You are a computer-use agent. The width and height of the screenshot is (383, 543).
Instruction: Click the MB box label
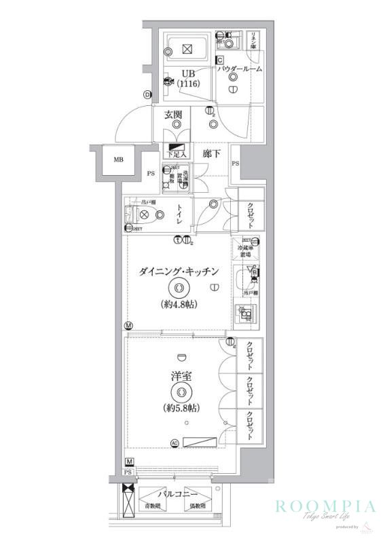coord(117,160)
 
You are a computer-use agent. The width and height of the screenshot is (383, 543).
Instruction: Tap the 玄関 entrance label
coord(172,115)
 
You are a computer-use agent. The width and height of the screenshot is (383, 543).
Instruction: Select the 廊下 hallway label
coord(212,154)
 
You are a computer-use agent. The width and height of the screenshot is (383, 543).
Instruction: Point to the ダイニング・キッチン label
coord(179,271)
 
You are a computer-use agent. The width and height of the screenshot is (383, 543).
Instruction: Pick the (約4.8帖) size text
coord(179,304)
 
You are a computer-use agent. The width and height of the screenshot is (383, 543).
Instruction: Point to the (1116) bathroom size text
coord(187,84)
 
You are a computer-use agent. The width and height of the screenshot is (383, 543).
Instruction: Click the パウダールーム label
coord(240,69)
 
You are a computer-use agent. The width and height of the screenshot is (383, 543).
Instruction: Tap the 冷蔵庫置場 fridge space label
coord(247,251)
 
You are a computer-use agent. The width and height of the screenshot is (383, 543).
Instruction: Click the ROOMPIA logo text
coord(325,506)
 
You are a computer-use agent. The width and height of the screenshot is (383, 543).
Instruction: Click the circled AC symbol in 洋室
coord(175,443)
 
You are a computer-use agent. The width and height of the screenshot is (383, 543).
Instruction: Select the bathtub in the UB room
coord(187,48)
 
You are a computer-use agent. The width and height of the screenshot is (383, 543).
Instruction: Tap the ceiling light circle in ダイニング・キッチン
coord(179,288)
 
